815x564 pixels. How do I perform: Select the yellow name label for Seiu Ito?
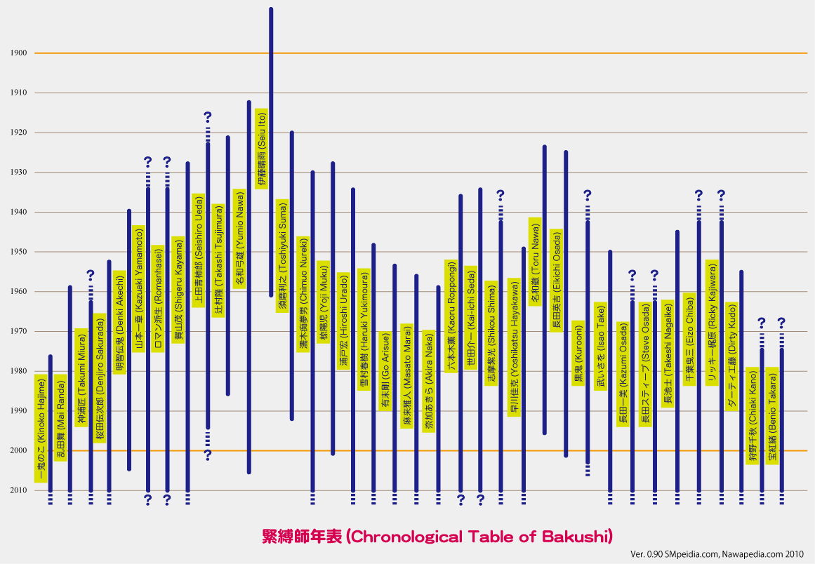(x=261, y=148)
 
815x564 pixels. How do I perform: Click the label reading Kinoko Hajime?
(x=41, y=428)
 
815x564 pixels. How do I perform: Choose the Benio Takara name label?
(x=772, y=415)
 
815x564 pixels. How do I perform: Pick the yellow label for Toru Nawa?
(x=535, y=261)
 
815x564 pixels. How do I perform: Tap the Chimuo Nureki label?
(x=303, y=293)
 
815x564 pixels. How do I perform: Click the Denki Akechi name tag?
(x=119, y=322)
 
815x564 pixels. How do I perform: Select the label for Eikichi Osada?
(x=556, y=279)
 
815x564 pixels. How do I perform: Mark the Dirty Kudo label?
(x=731, y=356)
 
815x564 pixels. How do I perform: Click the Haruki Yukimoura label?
(x=364, y=329)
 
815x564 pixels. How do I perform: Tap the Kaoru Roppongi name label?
(x=451, y=316)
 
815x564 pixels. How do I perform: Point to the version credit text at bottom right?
(x=716, y=554)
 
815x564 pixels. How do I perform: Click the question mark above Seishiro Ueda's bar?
(x=207, y=116)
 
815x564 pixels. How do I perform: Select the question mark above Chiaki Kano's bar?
(x=761, y=323)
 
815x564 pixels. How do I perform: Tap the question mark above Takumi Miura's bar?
(x=91, y=275)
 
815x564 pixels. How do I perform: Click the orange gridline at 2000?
(x=421, y=451)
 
